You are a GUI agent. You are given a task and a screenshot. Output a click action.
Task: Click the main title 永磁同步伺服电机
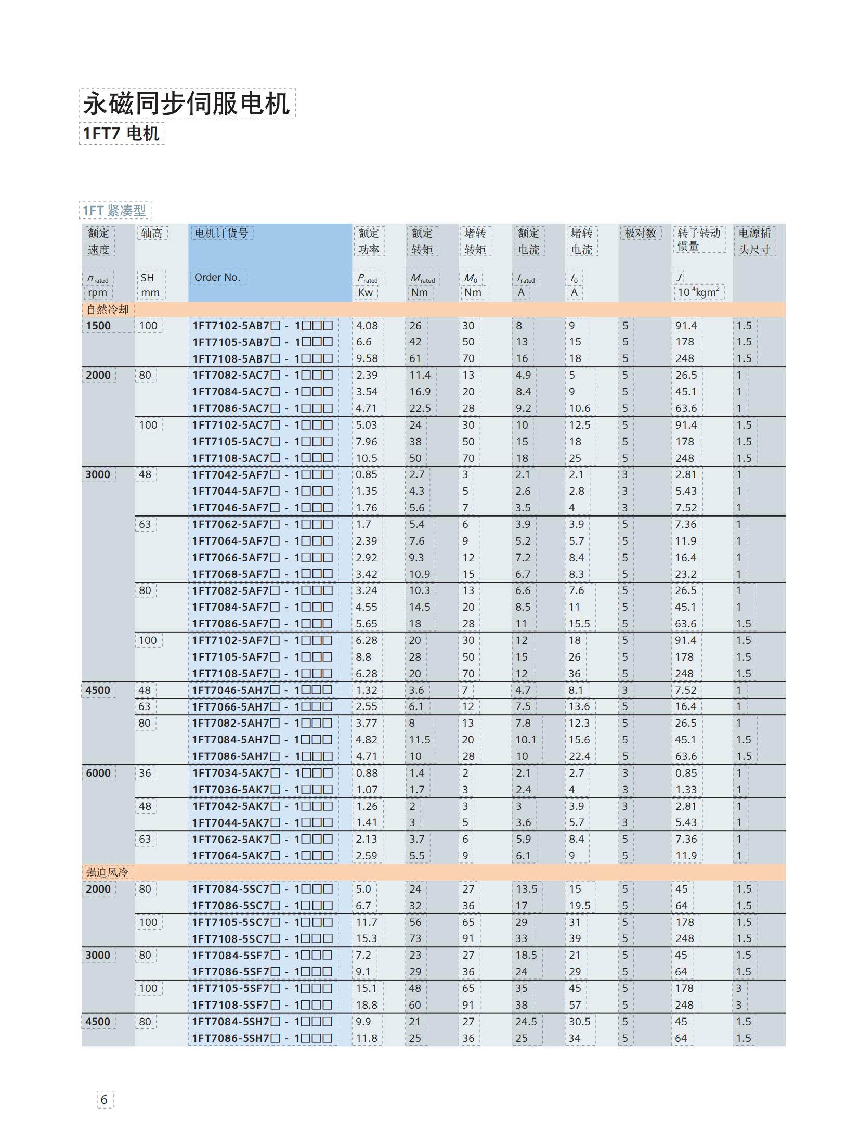tap(187, 104)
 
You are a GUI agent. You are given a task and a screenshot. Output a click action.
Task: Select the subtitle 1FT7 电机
tap(121, 134)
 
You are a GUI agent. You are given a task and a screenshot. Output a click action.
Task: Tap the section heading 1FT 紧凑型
tap(114, 210)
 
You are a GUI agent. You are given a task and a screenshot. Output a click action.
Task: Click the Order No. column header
tap(217, 277)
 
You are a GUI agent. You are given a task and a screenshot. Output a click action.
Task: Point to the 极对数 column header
tap(640, 233)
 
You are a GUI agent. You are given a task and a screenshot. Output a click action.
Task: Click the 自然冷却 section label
tap(108, 309)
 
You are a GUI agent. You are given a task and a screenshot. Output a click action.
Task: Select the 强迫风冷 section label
tap(107, 872)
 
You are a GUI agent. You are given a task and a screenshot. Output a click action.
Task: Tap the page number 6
tap(104, 1099)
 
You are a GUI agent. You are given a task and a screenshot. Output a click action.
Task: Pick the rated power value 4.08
tap(367, 326)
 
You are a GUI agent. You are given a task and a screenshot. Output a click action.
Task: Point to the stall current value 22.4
tap(579, 756)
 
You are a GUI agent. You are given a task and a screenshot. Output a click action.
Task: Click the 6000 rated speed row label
tap(98, 772)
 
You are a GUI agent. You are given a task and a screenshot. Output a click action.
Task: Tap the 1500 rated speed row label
tap(98, 326)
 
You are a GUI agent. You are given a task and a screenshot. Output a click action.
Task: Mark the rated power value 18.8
tap(367, 1004)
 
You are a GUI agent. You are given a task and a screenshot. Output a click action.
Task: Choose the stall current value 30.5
tap(579, 1021)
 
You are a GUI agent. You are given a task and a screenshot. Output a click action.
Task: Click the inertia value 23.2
tap(686, 574)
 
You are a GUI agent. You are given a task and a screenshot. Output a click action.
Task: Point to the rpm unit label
tap(97, 292)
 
